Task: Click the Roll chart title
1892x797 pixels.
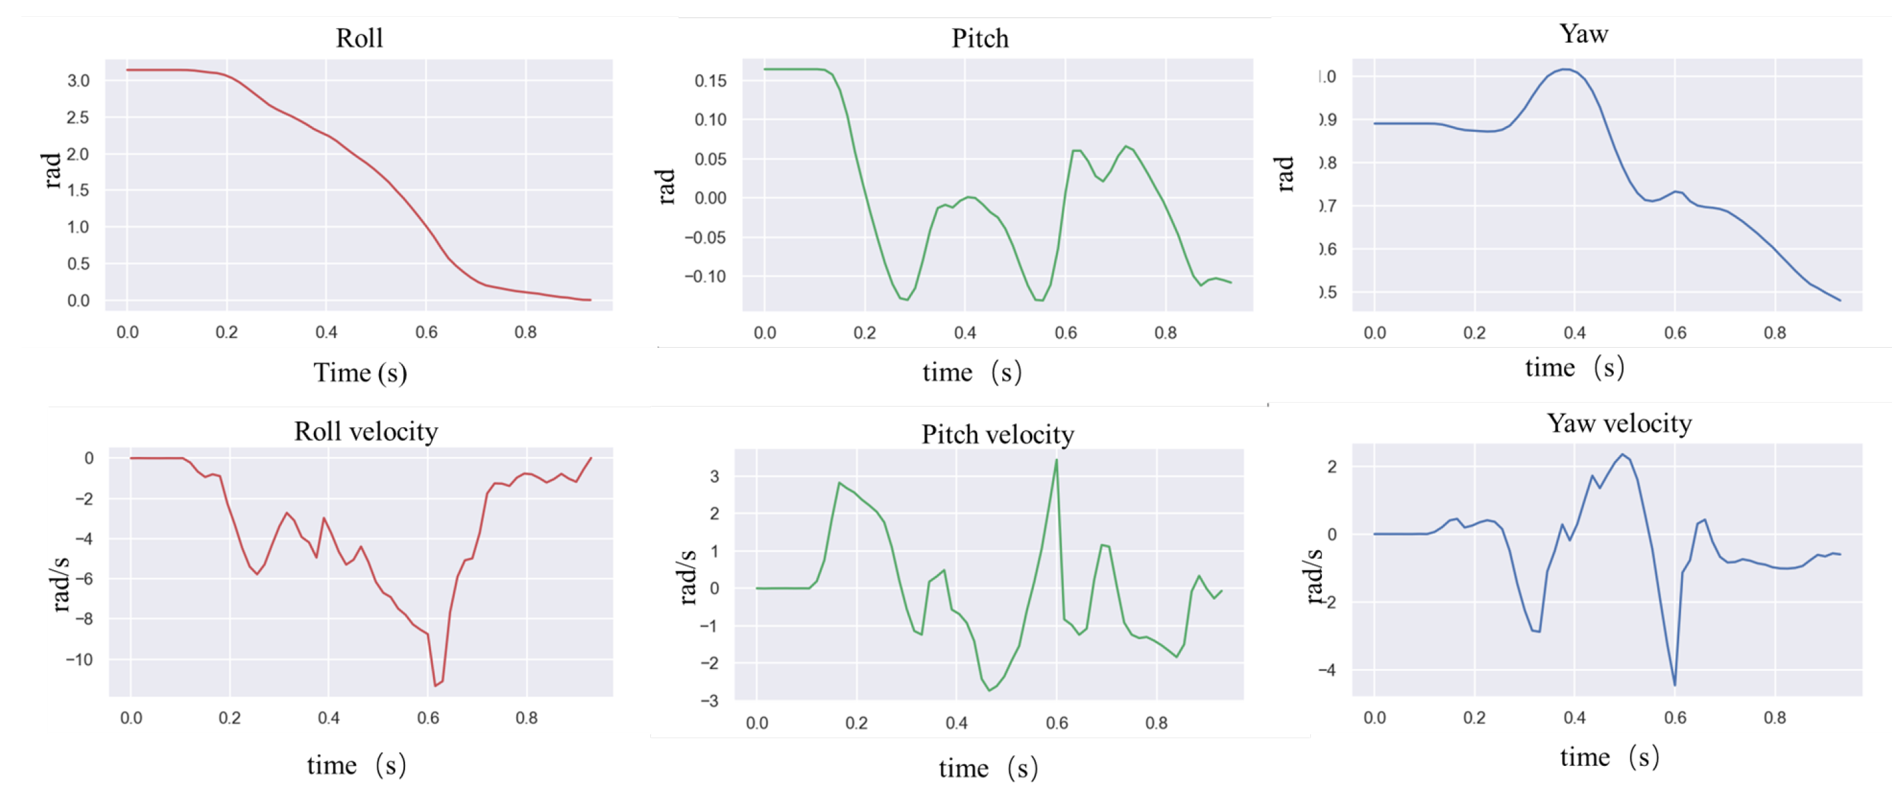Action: click(359, 38)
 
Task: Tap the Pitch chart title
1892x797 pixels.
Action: click(980, 38)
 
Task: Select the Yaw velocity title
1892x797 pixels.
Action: click(1619, 423)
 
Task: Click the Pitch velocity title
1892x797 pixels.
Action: click(997, 434)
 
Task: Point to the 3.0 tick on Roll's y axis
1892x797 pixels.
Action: click(78, 81)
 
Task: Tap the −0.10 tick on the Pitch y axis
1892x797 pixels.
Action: click(705, 277)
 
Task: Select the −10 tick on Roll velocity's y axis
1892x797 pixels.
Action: click(80, 660)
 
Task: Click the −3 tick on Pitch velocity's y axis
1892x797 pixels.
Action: click(709, 701)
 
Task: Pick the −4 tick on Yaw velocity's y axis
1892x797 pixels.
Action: click(1326, 670)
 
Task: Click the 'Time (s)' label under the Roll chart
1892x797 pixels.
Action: click(360, 373)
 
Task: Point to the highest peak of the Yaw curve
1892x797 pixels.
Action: click(1566, 70)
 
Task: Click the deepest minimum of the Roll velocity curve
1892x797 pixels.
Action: click(435, 685)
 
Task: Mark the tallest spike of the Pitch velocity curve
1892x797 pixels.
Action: click(1056, 460)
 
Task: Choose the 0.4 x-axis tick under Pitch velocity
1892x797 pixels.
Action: click(956, 723)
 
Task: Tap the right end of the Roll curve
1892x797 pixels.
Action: click(589, 300)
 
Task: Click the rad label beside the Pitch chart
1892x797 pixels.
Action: click(665, 186)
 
